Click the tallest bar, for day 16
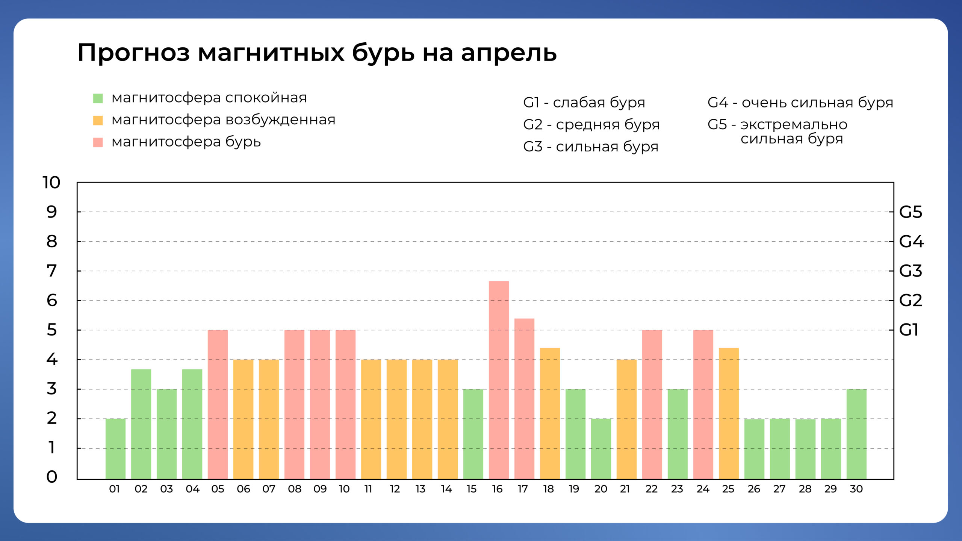coord(499,379)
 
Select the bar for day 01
coord(115,449)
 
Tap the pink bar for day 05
coord(218,404)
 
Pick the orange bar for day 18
coord(550,413)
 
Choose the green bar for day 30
coord(856,434)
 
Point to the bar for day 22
coord(652,404)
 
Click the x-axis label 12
coord(395,489)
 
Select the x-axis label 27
coord(779,489)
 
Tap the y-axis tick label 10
coord(51,183)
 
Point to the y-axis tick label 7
coord(51,271)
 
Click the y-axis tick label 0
coord(51,477)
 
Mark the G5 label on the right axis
coord(910,212)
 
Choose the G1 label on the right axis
coord(908,330)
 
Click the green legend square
coord(98,98)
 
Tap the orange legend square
coord(98,120)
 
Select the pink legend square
coord(98,142)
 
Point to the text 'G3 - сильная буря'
coord(590,147)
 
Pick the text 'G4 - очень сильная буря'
coord(800,102)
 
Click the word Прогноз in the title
coord(133,53)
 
